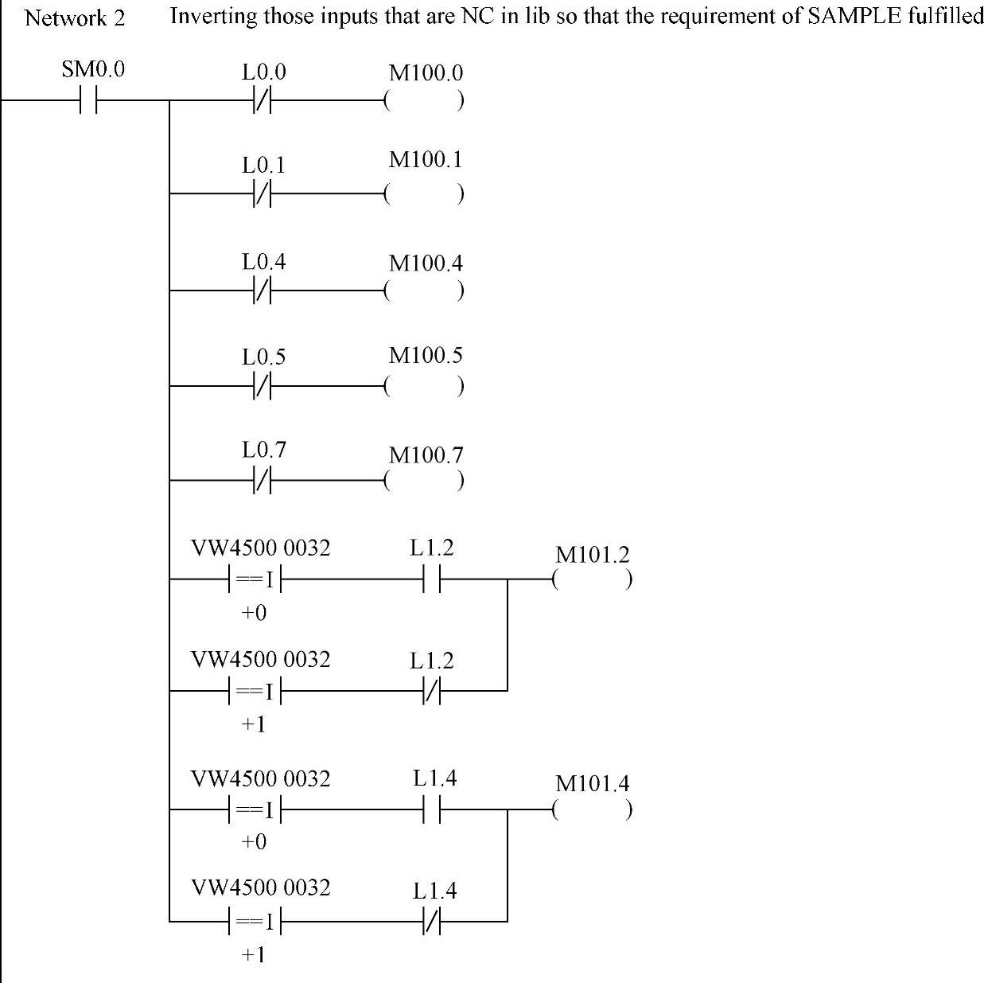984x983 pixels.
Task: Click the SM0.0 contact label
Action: click(93, 70)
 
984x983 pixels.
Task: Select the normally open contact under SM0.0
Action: click(88, 101)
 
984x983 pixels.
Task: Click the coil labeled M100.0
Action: click(423, 101)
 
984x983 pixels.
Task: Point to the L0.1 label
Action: click(263, 166)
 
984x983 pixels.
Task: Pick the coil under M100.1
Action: click(423, 193)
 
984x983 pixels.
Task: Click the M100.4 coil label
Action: click(426, 263)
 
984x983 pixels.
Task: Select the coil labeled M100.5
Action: click(423, 386)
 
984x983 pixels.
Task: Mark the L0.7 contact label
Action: click(263, 451)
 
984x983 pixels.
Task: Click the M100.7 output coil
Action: click(423, 481)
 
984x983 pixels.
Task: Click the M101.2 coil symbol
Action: click(593, 579)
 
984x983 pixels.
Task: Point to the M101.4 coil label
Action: click(592, 783)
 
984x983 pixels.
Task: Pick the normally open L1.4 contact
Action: click(434, 809)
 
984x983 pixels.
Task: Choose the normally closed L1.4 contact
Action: click(434, 922)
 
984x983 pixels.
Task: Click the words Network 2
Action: click(75, 18)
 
